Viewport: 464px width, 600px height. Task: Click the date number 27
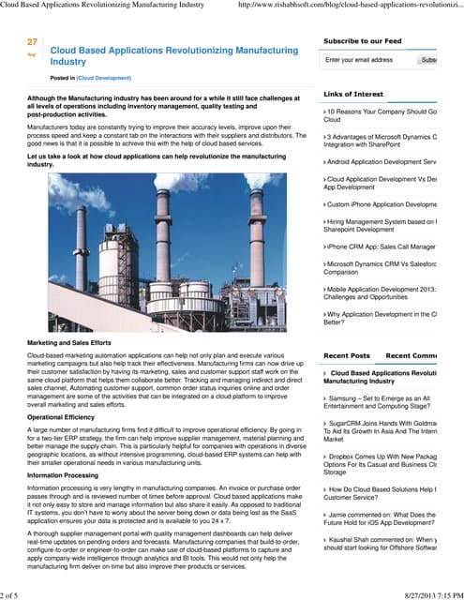(33, 42)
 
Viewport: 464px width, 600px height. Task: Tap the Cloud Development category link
(104, 79)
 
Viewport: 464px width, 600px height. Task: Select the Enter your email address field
(367, 60)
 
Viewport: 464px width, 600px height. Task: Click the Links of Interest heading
(353, 95)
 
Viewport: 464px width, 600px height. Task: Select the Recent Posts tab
(347, 356)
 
